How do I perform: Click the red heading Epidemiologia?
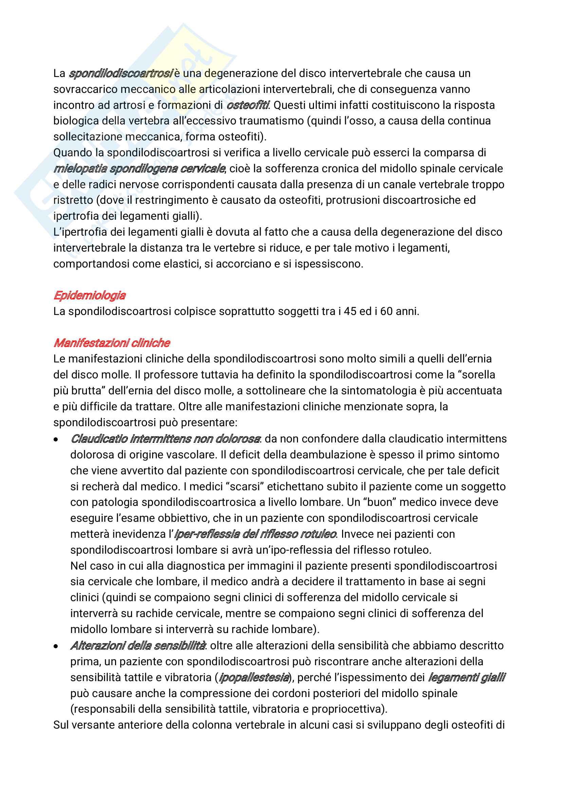pyautogui.click(x=90, y=295)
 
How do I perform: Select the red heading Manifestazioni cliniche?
pyautogui.click(x=112, y=343)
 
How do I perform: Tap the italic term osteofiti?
pyautogui.click(x=247, y=105)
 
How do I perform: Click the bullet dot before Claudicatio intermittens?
pyautogui.click(x=56, y=439)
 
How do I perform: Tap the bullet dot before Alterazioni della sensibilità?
pyautogui.click(x=56, y=646)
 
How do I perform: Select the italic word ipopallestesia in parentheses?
pyautogui.click(x=254, y=677)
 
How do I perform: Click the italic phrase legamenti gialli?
pyautogui.click(x=466, y=677)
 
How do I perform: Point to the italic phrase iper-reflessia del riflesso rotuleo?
pyautogui.click(x=255, y=534)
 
